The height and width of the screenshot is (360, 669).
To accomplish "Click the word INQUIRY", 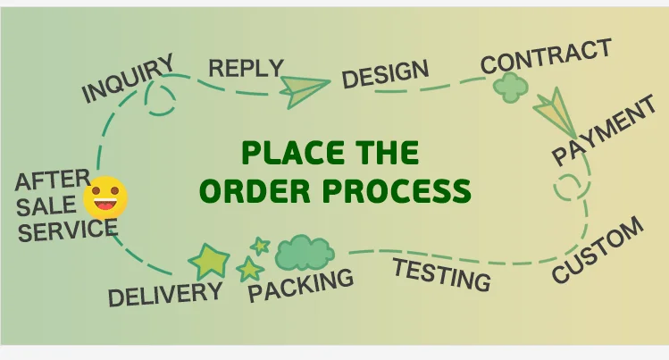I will (128, 79).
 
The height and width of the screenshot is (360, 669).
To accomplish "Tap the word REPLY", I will (245, 67).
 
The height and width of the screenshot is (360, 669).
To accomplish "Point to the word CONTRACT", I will (546, 56).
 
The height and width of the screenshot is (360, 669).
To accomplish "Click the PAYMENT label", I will (604, 134).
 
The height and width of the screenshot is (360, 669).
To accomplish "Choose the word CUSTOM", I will (598, 250).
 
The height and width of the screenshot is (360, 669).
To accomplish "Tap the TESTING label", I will (442, 273).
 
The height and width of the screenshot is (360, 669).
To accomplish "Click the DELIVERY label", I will (165, 293).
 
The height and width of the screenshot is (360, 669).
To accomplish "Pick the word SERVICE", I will (68, 230).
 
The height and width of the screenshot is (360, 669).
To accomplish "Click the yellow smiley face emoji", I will (105, 198).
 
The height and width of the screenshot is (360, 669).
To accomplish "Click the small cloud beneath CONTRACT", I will (511, 87).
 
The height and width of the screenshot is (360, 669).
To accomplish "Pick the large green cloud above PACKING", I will (304, 253).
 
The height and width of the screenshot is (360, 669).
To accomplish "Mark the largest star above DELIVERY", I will (210, 260).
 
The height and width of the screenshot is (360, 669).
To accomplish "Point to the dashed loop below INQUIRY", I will (161, 99).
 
